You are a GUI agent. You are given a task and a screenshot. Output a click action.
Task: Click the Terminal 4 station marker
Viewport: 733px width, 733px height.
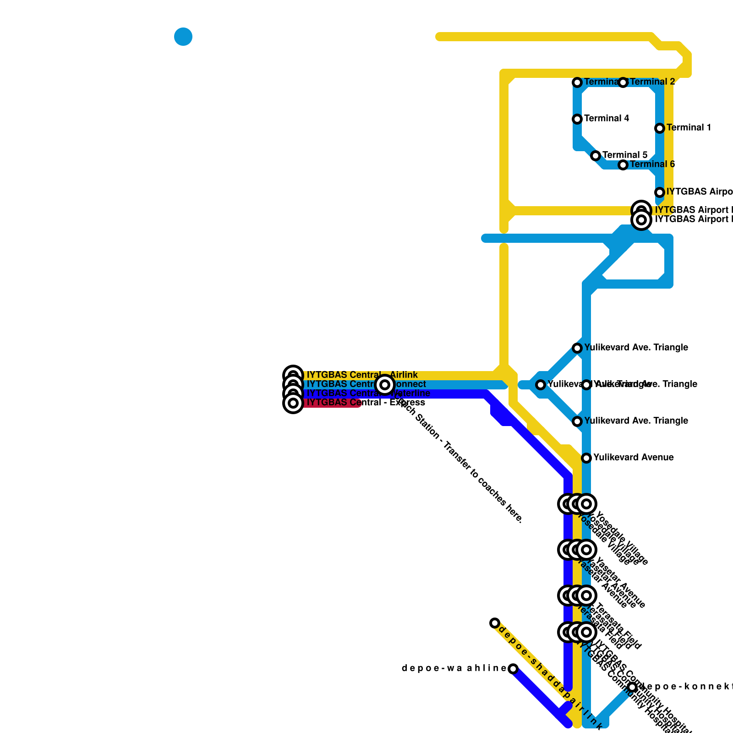pyautogui.click(x=577, y=119)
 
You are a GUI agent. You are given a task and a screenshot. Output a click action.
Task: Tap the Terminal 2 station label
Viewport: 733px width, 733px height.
pyautogui.click(x=652, y=82)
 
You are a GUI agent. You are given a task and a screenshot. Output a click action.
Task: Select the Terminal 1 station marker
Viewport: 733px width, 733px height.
pyautogui.click(x=660, y=128)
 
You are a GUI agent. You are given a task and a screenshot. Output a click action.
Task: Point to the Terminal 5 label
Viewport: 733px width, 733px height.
pyautogui.click(x=625, y=155)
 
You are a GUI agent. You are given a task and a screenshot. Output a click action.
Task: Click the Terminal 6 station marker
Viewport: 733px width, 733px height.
pyautogui.click(x=623, y=165)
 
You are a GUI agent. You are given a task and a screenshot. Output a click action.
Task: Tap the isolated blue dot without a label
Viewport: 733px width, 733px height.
pyautogui.click(x=183, y=37)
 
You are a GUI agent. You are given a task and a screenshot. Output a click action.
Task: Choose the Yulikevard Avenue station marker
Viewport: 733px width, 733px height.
pyautogui.click(x=586, y=458)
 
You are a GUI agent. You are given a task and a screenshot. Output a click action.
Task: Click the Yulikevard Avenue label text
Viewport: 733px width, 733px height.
pyautogui.click(x=633, y=458)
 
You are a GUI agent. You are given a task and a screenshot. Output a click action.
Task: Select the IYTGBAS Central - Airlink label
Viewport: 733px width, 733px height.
pyautogui.click(x=362, y=375)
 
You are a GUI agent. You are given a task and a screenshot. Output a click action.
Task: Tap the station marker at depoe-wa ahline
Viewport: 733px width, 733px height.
pyautogui.click(x=513, y=669)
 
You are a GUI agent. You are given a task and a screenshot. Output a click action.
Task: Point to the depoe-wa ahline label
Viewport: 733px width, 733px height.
pyautogui.click(x=454, y=668)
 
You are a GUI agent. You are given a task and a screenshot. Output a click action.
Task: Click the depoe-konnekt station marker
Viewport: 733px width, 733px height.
pyautogui.click(x=632, y=687)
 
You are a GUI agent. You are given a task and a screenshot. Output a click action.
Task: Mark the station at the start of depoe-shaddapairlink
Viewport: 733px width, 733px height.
pyautogui.click(x=495, y=623)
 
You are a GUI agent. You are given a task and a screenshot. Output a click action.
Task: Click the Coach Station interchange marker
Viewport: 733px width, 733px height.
pyautogui.click(x=385, y=385)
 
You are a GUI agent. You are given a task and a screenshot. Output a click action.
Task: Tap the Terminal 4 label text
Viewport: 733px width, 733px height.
pyautogui.click(x=607, y=119)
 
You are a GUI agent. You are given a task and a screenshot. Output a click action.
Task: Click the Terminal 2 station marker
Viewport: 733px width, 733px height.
pyautogui.click(x=623, y=82)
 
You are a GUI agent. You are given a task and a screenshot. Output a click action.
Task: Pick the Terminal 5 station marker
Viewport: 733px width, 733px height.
pyautogui.click(x=596, y=156)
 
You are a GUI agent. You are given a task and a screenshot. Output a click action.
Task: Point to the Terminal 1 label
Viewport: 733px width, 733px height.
pyautogui.click(x=689, y=128)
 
